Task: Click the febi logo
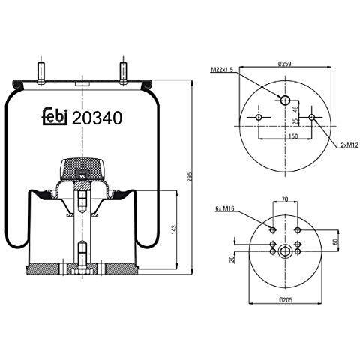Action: click(55, 116)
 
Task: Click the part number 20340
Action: click(97, 118)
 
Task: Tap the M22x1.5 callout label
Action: click(222, 69)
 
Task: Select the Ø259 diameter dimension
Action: click(285, 64)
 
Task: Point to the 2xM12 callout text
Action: click(349, 145)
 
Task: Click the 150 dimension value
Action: click(293, 136)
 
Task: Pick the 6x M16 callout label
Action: click(225, 208)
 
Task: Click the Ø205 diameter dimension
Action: click(286, 299)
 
